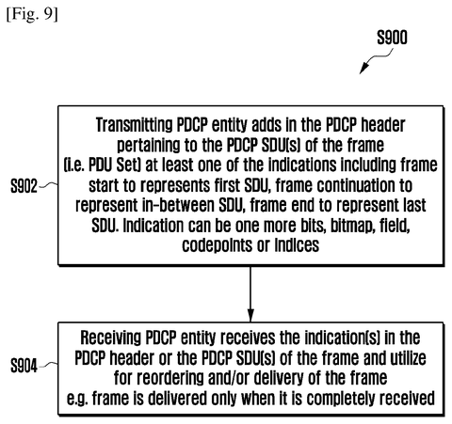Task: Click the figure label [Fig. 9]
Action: tap(32, 14)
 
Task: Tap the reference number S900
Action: tap(392, 38)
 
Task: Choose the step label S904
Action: tap(24, 366)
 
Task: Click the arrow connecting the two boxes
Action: tap(250, 294)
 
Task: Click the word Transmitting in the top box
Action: tap(134, 125)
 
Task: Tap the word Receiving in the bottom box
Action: tap(111, 338)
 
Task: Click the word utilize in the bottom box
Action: tap(408, 358)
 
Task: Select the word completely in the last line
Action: tap(341, 399)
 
